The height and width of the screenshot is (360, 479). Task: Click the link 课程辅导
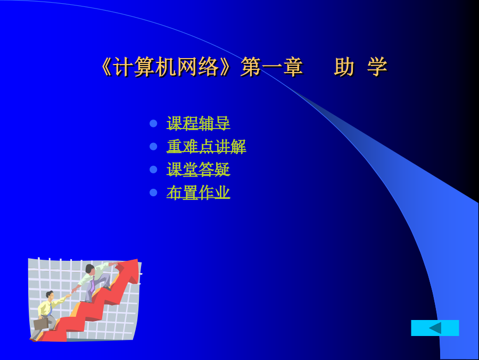199,123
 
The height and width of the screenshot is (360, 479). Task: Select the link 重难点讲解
206,146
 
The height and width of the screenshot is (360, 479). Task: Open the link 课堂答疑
199,169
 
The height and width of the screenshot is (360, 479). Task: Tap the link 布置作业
199,192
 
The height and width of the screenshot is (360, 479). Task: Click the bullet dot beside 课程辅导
153,123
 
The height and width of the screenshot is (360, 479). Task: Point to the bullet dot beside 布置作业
153,192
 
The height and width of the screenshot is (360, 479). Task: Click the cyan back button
435,328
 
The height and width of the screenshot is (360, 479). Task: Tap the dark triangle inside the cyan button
436,328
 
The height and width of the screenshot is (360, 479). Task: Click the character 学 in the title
377,67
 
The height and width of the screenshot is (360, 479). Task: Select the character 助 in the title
344,67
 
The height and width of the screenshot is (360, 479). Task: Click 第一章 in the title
271,67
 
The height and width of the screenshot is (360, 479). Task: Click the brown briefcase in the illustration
40,324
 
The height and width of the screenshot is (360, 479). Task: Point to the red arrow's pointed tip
137,260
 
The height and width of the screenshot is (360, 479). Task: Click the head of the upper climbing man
90,269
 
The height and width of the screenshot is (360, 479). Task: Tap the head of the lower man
49,295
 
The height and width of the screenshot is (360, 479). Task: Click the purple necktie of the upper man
92,285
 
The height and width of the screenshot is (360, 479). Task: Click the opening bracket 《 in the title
106,67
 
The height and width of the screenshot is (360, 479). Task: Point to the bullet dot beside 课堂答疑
153,169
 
